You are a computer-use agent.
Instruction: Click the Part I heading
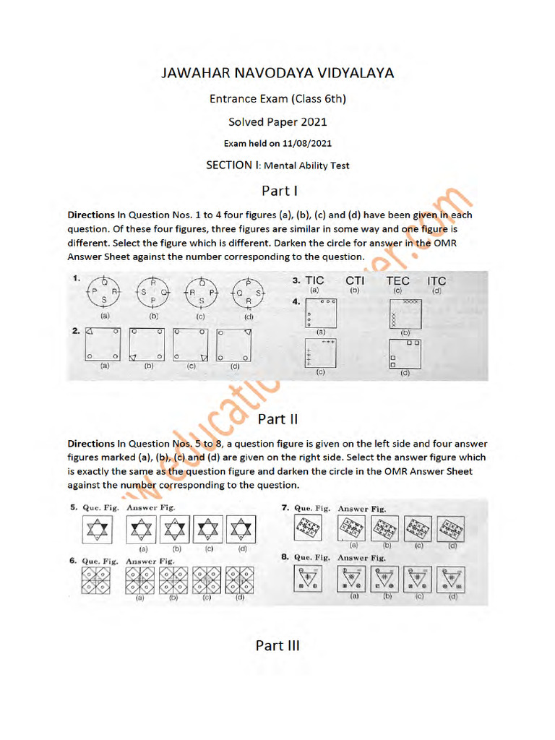point(277,192)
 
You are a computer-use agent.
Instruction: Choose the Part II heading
point(277,419)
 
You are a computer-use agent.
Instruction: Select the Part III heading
point(277,645)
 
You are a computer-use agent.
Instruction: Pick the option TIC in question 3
point(314,281)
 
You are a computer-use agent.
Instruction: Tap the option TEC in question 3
point(397,281)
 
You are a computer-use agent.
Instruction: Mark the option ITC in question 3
point(436,281)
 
